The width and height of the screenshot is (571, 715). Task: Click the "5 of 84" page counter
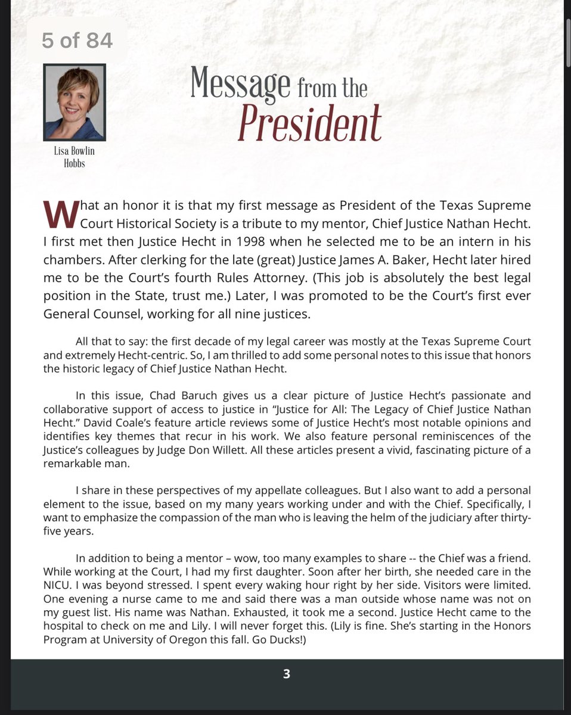coord(77,40)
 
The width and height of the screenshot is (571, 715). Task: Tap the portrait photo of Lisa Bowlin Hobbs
coord(75,102)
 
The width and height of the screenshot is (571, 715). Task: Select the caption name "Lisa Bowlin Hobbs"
coord(75,157)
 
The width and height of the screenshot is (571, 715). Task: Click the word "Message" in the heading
coord(240,85)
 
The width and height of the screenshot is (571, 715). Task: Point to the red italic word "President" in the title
coord(309,123)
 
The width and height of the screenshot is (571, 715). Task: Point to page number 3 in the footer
coord(286,674)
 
